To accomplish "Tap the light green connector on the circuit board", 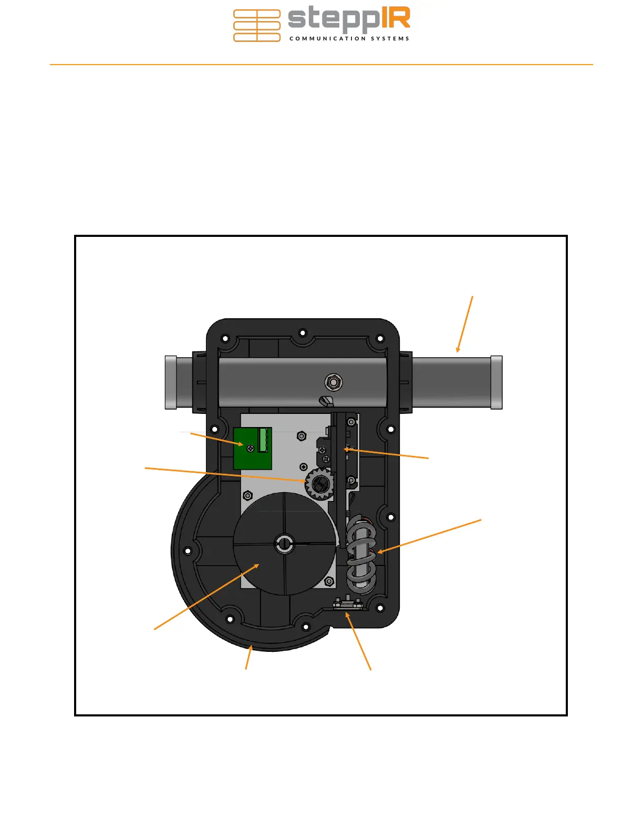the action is [263, 440].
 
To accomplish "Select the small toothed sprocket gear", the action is [320, 484].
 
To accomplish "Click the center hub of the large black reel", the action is [285, 543].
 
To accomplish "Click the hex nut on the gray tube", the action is [334, 382].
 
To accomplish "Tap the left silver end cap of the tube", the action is [171, 382].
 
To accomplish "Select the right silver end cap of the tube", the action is [496, 382].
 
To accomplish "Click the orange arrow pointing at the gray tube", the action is [464, 324].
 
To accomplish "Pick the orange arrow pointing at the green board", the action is [217, 439].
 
